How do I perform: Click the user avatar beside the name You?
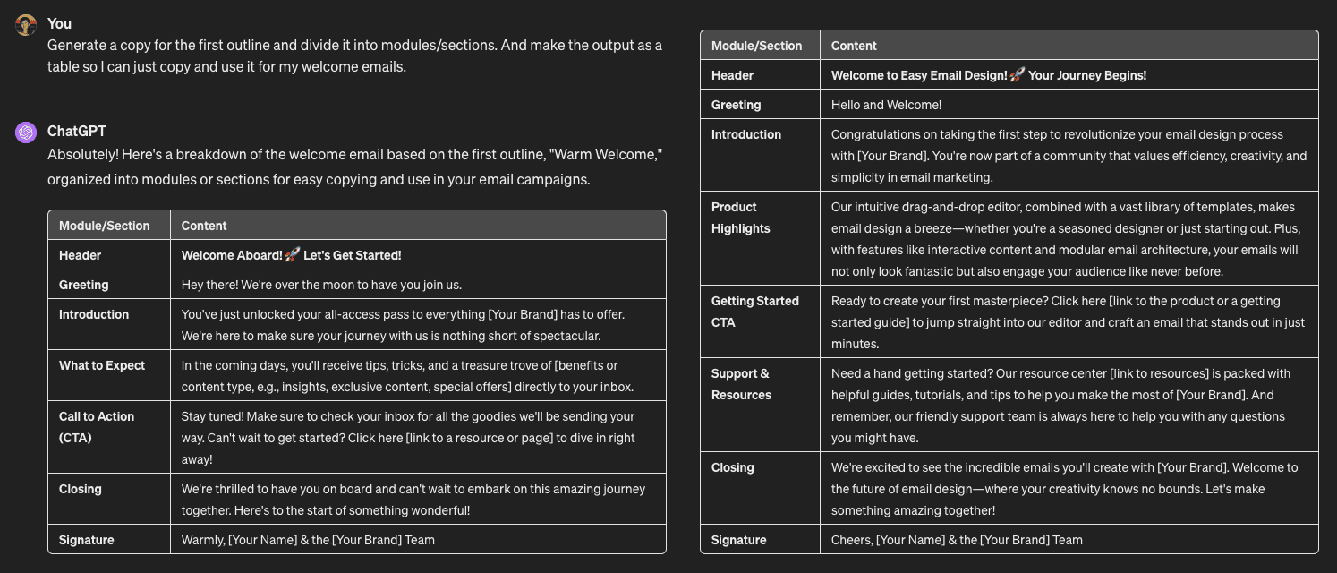point(25,24)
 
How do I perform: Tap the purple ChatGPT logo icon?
point(25,133)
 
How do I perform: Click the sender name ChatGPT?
point(76,131)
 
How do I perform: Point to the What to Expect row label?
point(101,365)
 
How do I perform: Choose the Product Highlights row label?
point(740,218)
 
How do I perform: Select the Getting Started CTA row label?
point(754,312)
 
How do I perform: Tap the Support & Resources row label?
point(741,384)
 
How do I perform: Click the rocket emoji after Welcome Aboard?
point(292,255)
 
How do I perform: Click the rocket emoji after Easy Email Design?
point(1017,75)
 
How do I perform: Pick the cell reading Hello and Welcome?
point(886,105)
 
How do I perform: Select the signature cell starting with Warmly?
point(308,540)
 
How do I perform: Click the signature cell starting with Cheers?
point(957,540)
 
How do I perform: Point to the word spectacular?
point(563,336)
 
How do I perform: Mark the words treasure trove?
point(510,365)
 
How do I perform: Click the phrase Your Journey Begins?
point(1087,75)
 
